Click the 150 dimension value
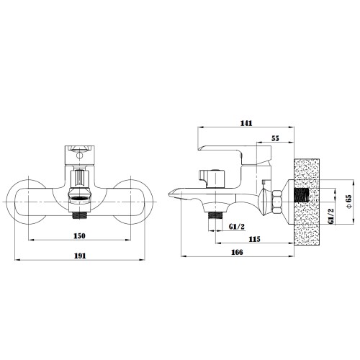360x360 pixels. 79,235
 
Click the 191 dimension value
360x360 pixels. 80,256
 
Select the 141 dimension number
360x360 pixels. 246,123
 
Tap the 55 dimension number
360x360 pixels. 275,138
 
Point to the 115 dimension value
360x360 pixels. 254,239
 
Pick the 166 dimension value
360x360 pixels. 237,252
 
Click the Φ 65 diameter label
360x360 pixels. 348,201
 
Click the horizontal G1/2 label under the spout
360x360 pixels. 237,227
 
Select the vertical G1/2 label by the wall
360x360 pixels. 331,217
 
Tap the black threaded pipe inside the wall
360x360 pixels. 302,195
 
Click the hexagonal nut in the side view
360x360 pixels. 276,202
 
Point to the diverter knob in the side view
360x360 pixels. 212,179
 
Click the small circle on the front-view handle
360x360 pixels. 78,156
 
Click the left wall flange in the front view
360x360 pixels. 27,202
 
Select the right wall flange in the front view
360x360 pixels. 133,202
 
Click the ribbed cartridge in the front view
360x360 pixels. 79,179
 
